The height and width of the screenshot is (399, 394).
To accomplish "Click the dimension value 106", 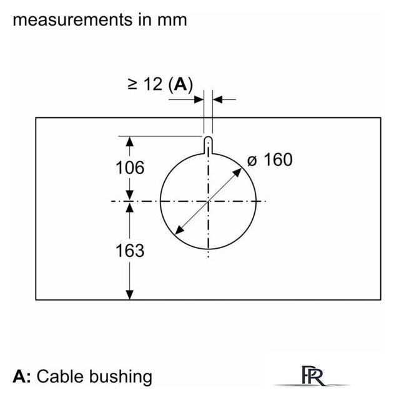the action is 130,168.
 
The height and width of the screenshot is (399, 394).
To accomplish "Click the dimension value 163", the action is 130,251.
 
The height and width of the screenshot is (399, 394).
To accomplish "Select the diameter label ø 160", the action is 270,160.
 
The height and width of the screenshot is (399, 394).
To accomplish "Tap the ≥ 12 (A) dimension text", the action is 160,84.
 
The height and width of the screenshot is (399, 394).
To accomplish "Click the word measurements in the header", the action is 72,20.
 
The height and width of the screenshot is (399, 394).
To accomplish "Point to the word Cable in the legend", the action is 61,377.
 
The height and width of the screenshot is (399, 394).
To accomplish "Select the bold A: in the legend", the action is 22,377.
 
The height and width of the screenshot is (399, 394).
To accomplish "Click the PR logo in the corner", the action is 313,376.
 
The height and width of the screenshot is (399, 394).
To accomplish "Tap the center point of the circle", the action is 208,201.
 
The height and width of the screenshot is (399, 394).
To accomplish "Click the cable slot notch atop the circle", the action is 208,145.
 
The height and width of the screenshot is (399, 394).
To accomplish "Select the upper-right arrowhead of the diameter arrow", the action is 238,172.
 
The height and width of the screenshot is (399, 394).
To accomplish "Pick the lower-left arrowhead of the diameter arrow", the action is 179,230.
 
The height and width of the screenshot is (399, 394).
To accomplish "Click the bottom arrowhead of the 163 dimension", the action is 130,294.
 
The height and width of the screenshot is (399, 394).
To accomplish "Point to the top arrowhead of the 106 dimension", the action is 130,142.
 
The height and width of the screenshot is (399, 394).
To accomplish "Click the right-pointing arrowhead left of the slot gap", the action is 199,100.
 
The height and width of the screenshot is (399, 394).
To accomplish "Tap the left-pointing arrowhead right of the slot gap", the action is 218,100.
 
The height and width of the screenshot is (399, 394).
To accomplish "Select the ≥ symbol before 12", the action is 132,84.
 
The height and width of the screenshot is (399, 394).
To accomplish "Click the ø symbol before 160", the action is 252,161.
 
